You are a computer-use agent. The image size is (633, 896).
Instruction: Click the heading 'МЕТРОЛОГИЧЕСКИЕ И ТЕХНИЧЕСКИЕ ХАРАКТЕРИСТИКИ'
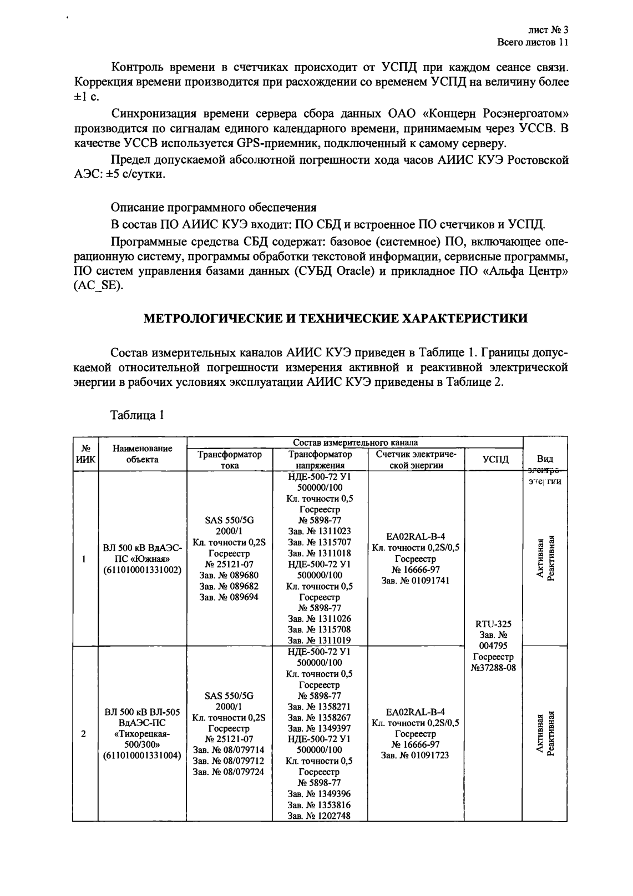point(336,318)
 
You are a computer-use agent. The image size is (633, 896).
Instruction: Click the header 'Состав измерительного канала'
point(355,442)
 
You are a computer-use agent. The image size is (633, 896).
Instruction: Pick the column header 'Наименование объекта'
point(142,454)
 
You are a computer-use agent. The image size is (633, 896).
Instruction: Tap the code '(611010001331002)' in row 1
point(143,570)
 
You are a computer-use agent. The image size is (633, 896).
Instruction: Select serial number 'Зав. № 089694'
point(229,597)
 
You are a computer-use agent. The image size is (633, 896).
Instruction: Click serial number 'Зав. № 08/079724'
point(229,772)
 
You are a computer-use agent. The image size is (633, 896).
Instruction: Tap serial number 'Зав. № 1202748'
point(320,816)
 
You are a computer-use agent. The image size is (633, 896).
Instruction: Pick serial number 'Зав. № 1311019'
point(320,641)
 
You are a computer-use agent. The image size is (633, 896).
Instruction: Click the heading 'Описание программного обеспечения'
point(214,208)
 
